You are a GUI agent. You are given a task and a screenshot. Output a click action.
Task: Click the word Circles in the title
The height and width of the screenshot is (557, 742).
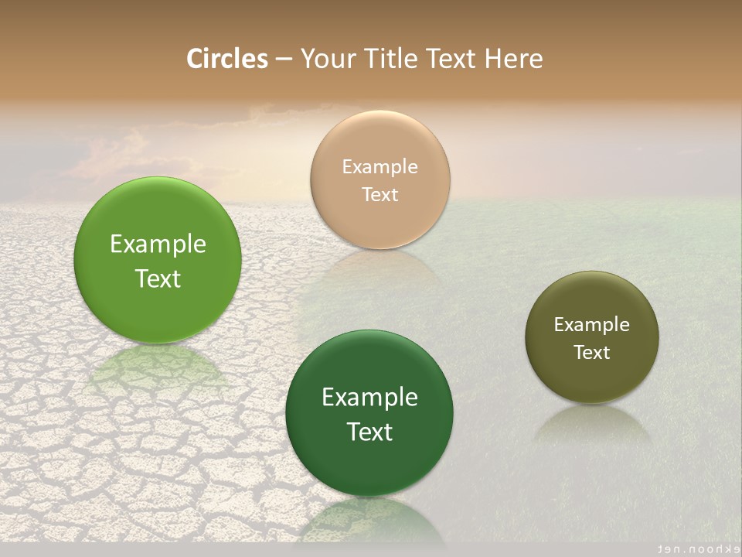(227, 59)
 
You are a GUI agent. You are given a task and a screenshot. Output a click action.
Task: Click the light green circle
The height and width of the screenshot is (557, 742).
(158, 260)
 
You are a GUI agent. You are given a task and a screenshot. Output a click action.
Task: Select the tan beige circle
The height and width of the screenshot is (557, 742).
(380, 180)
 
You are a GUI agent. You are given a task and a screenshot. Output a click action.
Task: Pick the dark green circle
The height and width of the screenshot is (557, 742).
(369, 413)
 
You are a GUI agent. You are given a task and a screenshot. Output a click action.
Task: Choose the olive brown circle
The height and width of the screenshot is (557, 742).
(592, 337)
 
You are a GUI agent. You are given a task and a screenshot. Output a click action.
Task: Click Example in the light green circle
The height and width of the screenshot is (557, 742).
(158, 244)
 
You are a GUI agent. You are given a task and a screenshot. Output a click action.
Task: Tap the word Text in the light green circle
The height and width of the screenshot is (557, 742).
(158, 278)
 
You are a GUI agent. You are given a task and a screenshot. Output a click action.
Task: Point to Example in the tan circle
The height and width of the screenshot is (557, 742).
(380, 166)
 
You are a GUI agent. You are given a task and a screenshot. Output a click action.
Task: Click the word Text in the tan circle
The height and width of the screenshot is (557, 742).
(380, 194)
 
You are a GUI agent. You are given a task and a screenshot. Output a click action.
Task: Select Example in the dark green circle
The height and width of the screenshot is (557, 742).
(369, 398)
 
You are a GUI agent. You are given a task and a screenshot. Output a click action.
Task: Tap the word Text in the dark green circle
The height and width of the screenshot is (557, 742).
(369, 432)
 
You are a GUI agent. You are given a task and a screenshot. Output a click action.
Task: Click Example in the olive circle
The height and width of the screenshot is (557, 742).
(592, 324)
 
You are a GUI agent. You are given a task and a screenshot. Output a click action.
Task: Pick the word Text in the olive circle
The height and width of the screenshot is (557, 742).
(592, 352)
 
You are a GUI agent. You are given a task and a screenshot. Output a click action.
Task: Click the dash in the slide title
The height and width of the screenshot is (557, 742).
(284, 60)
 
